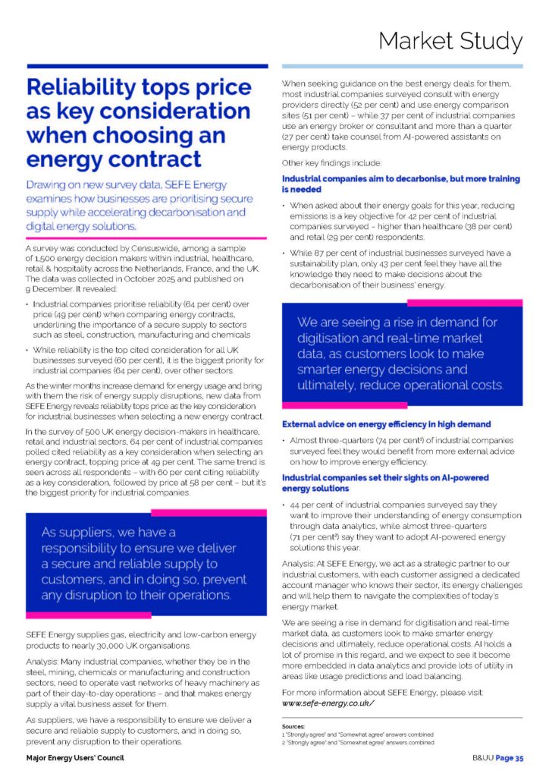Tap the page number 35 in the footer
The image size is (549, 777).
tap(519, 758)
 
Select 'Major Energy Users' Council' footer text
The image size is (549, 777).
tap(74, 758)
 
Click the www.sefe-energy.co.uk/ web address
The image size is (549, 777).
tap(328, 703)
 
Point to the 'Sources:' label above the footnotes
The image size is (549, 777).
tap(293, 726)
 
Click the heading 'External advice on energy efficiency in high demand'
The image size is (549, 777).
tap(386, 424)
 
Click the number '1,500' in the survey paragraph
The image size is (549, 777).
tap(47, 258)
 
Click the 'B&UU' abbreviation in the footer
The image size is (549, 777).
tap(483, 758)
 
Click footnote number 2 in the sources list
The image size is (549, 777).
tap(283, 743)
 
